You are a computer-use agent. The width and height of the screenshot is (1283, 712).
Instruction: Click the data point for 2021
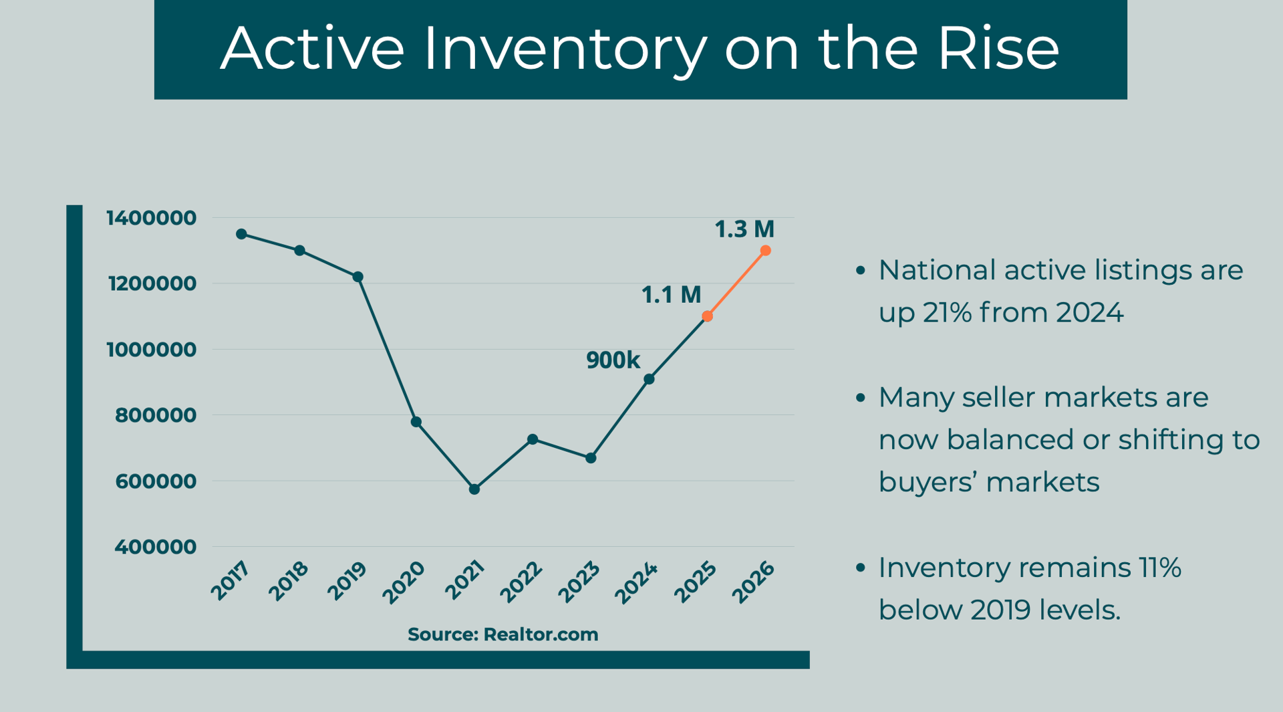(474, 489)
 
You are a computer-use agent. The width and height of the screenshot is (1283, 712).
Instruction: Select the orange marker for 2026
(766, 251)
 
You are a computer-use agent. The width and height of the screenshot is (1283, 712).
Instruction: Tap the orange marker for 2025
(708, 316)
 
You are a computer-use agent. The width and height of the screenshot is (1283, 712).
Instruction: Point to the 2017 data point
(241, 234)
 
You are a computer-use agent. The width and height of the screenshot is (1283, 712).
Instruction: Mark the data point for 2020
(416, 422)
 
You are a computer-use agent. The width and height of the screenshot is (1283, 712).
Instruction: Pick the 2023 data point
(591, 458)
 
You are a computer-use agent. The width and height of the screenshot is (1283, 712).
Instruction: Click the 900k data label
(613, 360)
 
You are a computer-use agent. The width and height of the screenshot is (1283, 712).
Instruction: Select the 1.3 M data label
(744, 229)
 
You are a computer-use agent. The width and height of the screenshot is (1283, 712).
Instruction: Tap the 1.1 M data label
(671, 295)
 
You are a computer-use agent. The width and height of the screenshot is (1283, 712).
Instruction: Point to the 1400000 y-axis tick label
(152, 218)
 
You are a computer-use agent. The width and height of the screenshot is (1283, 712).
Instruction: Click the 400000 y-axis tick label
(156, 547)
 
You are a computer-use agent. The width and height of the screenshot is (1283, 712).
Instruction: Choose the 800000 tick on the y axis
(156, 415)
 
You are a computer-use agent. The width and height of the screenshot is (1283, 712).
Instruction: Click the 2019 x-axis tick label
(347, 580)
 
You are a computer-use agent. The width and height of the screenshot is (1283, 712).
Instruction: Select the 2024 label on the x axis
(637, 583)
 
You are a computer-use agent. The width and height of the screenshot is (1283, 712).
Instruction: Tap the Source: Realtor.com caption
(503, 634)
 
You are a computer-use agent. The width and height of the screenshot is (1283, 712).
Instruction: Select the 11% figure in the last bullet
(1157, 568)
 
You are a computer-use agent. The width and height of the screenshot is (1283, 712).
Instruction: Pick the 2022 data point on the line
(533, 439)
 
